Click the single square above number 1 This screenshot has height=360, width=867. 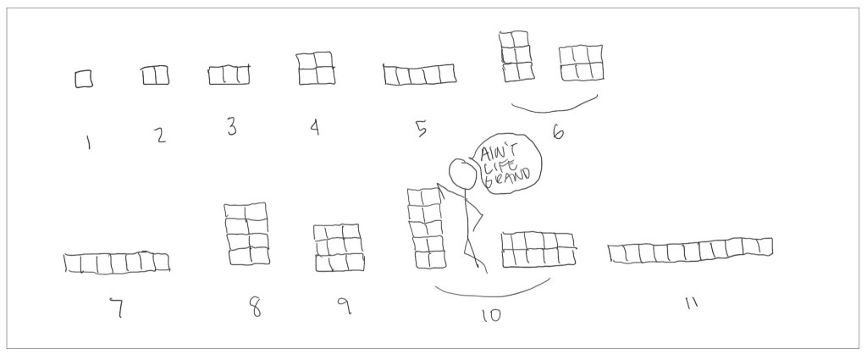tap(84, 79)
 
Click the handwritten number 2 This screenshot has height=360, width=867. tap(160, 135)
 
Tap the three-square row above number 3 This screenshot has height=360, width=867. tap(229, 75)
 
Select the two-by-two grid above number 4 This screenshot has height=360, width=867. tap(316, 68)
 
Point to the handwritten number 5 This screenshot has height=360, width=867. tap(422, 128)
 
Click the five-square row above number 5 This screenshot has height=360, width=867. tap(420, 74)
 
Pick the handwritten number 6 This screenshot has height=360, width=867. tap(558, 132)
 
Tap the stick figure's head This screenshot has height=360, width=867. tap(463, 173)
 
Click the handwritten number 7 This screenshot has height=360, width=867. tap(116, 308)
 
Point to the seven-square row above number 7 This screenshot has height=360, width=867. tap(117, 262)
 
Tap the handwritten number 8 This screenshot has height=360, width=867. tap(255, 306)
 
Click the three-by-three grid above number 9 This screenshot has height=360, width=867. tap(339, 247)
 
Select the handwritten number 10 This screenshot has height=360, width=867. tap(491, 315)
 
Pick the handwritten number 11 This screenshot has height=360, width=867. tap(691, 303)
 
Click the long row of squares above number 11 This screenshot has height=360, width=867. tap(690, 251)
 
